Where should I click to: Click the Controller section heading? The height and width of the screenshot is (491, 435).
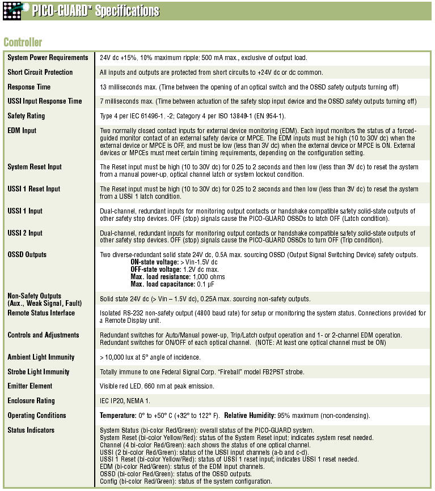(x=23, y=42)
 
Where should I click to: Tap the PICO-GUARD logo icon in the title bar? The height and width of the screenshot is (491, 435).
(x=13, y=10)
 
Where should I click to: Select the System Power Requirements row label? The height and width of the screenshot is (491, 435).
(x=48, y=58)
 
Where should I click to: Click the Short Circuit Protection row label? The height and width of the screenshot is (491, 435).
(x=40, y=72)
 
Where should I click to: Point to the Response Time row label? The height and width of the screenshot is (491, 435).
(x=29, y=87)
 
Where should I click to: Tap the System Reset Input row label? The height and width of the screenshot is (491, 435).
(x=34, y=167)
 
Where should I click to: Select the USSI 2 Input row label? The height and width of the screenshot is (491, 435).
(x=25, y=233)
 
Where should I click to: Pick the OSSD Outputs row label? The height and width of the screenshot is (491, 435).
(x=27, y=255)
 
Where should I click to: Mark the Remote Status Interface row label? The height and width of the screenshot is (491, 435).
(x=41, y=313)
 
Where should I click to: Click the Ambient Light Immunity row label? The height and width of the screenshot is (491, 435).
(x=41, y=357)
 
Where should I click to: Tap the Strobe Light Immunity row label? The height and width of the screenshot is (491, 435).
(x=39, y=372)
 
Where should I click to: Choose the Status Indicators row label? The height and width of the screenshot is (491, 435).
(x=31, y=430)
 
